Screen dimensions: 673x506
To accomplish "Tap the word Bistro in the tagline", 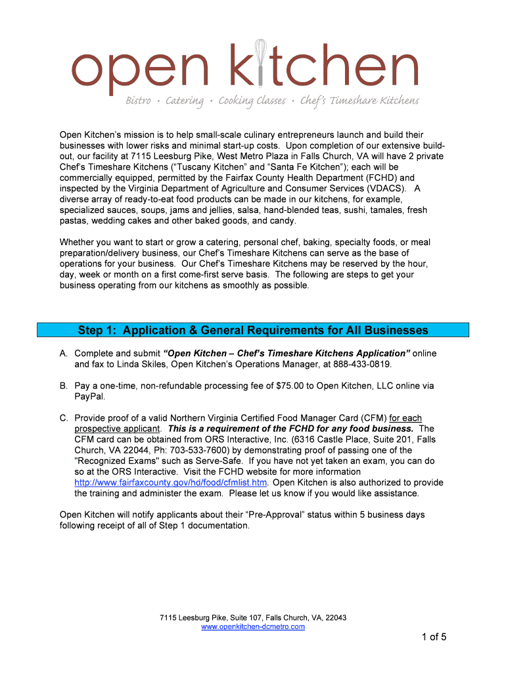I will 139,101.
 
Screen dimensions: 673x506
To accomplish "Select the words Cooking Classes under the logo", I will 252,101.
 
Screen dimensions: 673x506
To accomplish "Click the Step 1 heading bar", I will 253,330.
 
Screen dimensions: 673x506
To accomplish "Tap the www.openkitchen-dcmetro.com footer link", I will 253,627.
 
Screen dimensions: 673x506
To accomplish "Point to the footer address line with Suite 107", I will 253,618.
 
